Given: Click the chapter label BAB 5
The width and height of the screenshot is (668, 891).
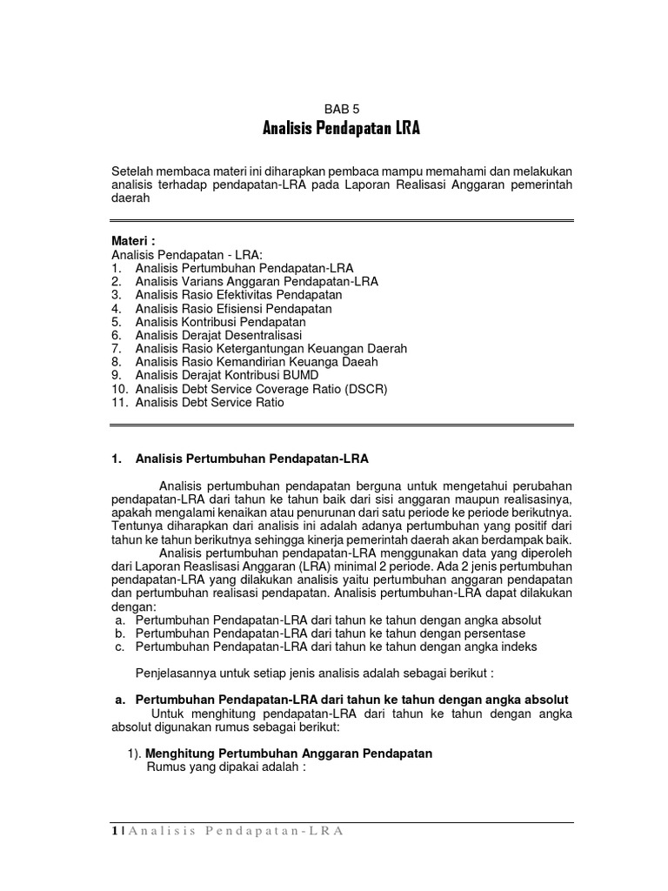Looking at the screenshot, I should coord(341,109).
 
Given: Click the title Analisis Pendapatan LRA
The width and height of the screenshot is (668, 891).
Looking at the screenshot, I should coord(342,130).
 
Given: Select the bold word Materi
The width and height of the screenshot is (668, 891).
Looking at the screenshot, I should coord(131,240).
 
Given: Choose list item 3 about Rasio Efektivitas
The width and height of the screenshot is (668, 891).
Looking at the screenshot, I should coord(238,295).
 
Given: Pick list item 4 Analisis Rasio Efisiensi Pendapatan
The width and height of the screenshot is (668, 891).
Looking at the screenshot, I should coord(233,308).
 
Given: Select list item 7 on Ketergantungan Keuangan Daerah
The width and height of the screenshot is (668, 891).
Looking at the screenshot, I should coord(271,349).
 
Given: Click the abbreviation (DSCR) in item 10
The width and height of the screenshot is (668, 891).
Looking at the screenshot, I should coord(364,389).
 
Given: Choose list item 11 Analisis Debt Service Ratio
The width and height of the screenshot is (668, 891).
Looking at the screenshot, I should coord(210,403).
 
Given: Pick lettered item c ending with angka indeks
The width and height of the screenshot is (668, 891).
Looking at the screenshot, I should coord(337,646).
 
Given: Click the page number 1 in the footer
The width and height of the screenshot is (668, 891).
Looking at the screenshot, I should coord(115,831).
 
